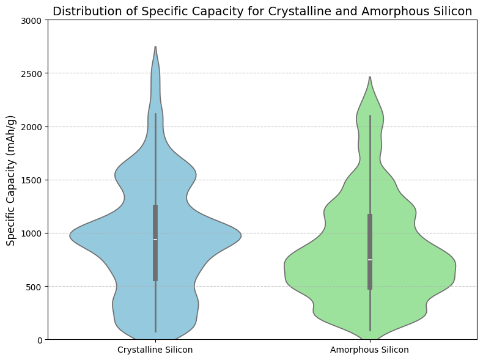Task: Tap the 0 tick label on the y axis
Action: point(39,340)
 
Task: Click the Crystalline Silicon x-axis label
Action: point(155,350)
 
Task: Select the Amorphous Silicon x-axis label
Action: point(369,350)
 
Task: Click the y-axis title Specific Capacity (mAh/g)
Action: point(10,180)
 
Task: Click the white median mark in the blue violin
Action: point(155,240)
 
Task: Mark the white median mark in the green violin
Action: point(370,260)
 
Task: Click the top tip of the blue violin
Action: point(155,47)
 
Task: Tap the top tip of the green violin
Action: point(370,77)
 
